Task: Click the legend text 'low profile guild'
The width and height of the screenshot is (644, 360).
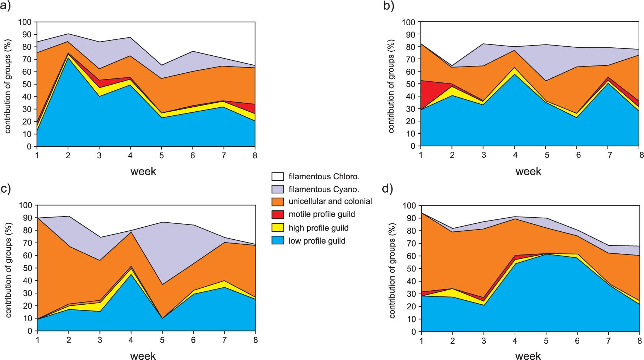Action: pyautogui.click(x=317, y=241)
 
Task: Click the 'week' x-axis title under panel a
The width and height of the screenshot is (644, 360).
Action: pyautogui.click(x=143, y=171)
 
